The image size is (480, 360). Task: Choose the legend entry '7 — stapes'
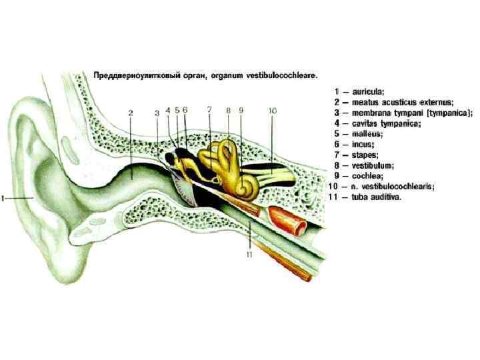(363, 155)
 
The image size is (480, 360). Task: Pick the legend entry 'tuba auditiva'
(374, 197)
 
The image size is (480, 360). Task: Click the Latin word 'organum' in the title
(228, 75)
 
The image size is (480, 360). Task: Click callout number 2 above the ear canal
(131, 113)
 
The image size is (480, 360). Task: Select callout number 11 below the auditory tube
(249, 253)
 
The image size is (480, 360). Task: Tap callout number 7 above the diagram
(208, 109)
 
